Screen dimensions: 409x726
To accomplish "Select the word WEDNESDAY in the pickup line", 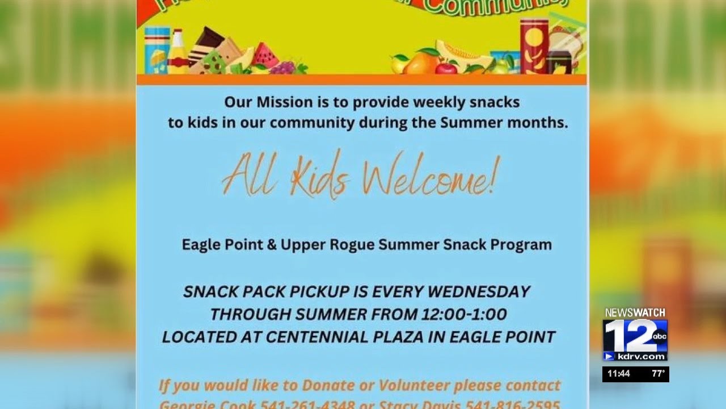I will coord(479,292).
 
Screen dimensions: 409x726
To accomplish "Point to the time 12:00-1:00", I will coord(464,314).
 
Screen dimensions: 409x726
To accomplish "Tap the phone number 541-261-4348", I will coord(307,405).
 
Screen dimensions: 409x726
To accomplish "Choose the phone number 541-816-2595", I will coord(513,405).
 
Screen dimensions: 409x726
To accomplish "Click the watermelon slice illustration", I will coord(265,56).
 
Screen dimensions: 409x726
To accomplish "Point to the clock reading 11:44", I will coord(618,374).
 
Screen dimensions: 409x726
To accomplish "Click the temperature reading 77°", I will coord(658,374).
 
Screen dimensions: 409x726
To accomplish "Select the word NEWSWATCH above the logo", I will coord(635,313).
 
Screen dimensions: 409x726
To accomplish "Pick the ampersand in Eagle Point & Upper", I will coord(270,245).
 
